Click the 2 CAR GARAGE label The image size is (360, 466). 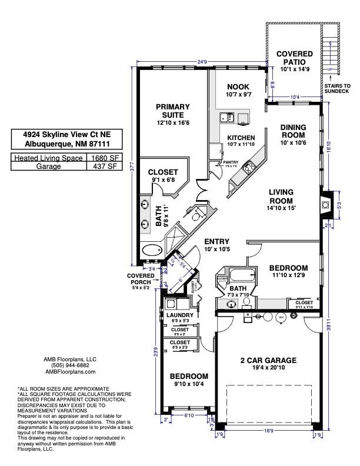tap(268, 360)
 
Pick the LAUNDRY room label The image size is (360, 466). tap(179, 315)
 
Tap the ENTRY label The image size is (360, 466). tap(216, 242)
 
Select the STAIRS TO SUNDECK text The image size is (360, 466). tap(336, 89)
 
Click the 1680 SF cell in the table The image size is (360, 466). tap(104, 158)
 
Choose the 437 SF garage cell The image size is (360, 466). tap(104, 167)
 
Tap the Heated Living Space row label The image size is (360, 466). tap(48, 158)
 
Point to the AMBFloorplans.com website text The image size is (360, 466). tap(70, 372)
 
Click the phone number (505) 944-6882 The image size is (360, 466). tap(70, 365)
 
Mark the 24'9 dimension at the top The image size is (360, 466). tap(203, 61)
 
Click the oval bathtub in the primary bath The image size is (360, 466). tap(151, 250)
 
